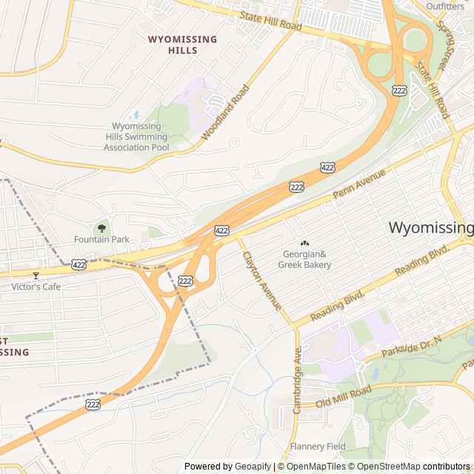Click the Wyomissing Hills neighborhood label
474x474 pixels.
tap(182, 44)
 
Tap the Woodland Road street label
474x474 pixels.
tap(225, 113)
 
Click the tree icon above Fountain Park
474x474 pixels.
tap(101, 227)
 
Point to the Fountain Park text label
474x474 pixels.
tap(101, 239)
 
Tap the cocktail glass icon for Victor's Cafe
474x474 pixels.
tap(35, 276)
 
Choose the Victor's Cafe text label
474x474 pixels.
tap(36, 287)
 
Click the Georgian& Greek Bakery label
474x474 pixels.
tap(304, 259)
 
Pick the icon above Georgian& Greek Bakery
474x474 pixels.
tap(304, 244)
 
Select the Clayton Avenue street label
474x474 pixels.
tap(262, 281)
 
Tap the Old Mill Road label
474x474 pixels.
tap(343, 398)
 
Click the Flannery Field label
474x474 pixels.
tap(318, 447)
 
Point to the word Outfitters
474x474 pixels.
tap(445, 7)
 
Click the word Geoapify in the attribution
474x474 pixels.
tap(253, 467)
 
